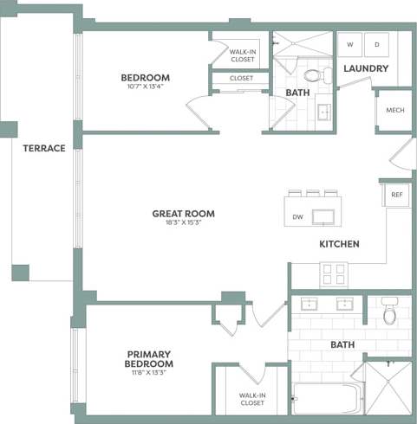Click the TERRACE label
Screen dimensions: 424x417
[x=44, y=148]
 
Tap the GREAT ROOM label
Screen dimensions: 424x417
[x=183, y=214]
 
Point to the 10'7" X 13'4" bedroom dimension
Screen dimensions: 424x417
[x=145, y=87]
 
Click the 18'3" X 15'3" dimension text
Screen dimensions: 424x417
[x=183, y=223]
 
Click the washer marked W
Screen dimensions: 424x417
[x=351, y=44]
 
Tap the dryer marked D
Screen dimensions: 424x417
[x=377, y=44]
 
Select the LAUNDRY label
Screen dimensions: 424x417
[x=365, y=68]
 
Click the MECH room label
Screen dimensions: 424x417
[x=394, y=110]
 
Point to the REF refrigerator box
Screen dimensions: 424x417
[x=397, y=195]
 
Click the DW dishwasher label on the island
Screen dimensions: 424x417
[x=297, y=217]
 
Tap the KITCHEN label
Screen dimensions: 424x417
[x=339, y=244]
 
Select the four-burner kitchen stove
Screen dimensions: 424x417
[x=334, y=274]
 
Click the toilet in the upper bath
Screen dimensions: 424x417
[x=312, y=76]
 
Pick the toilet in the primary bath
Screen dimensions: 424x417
[x=389, y=313]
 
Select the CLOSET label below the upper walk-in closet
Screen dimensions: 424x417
[x=242, y=78]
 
